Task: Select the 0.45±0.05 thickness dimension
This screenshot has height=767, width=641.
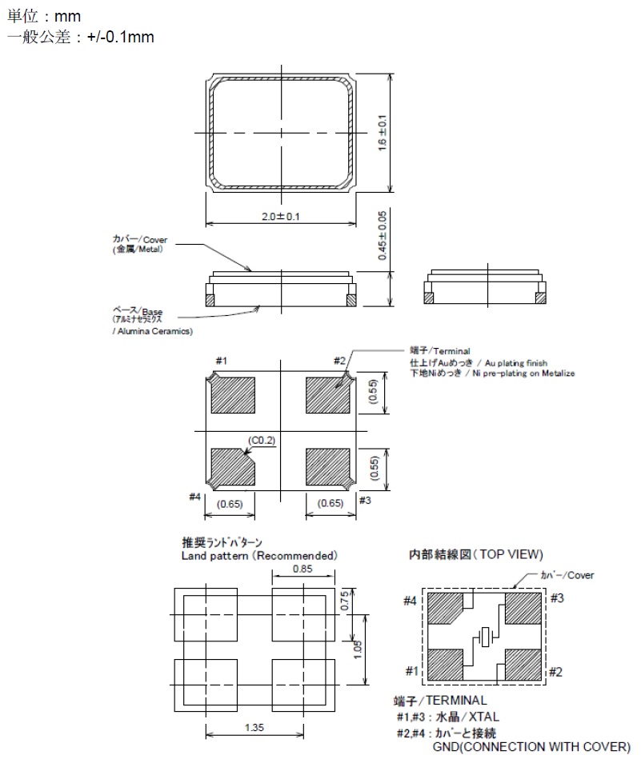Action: coord(383,235)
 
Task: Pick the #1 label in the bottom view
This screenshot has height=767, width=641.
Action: coord(222,362)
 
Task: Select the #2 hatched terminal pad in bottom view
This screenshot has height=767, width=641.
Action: coord(328,394)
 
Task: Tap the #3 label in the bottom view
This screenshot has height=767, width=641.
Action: coord(365,499)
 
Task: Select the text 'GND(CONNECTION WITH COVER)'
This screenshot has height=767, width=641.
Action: coord(531,747)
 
